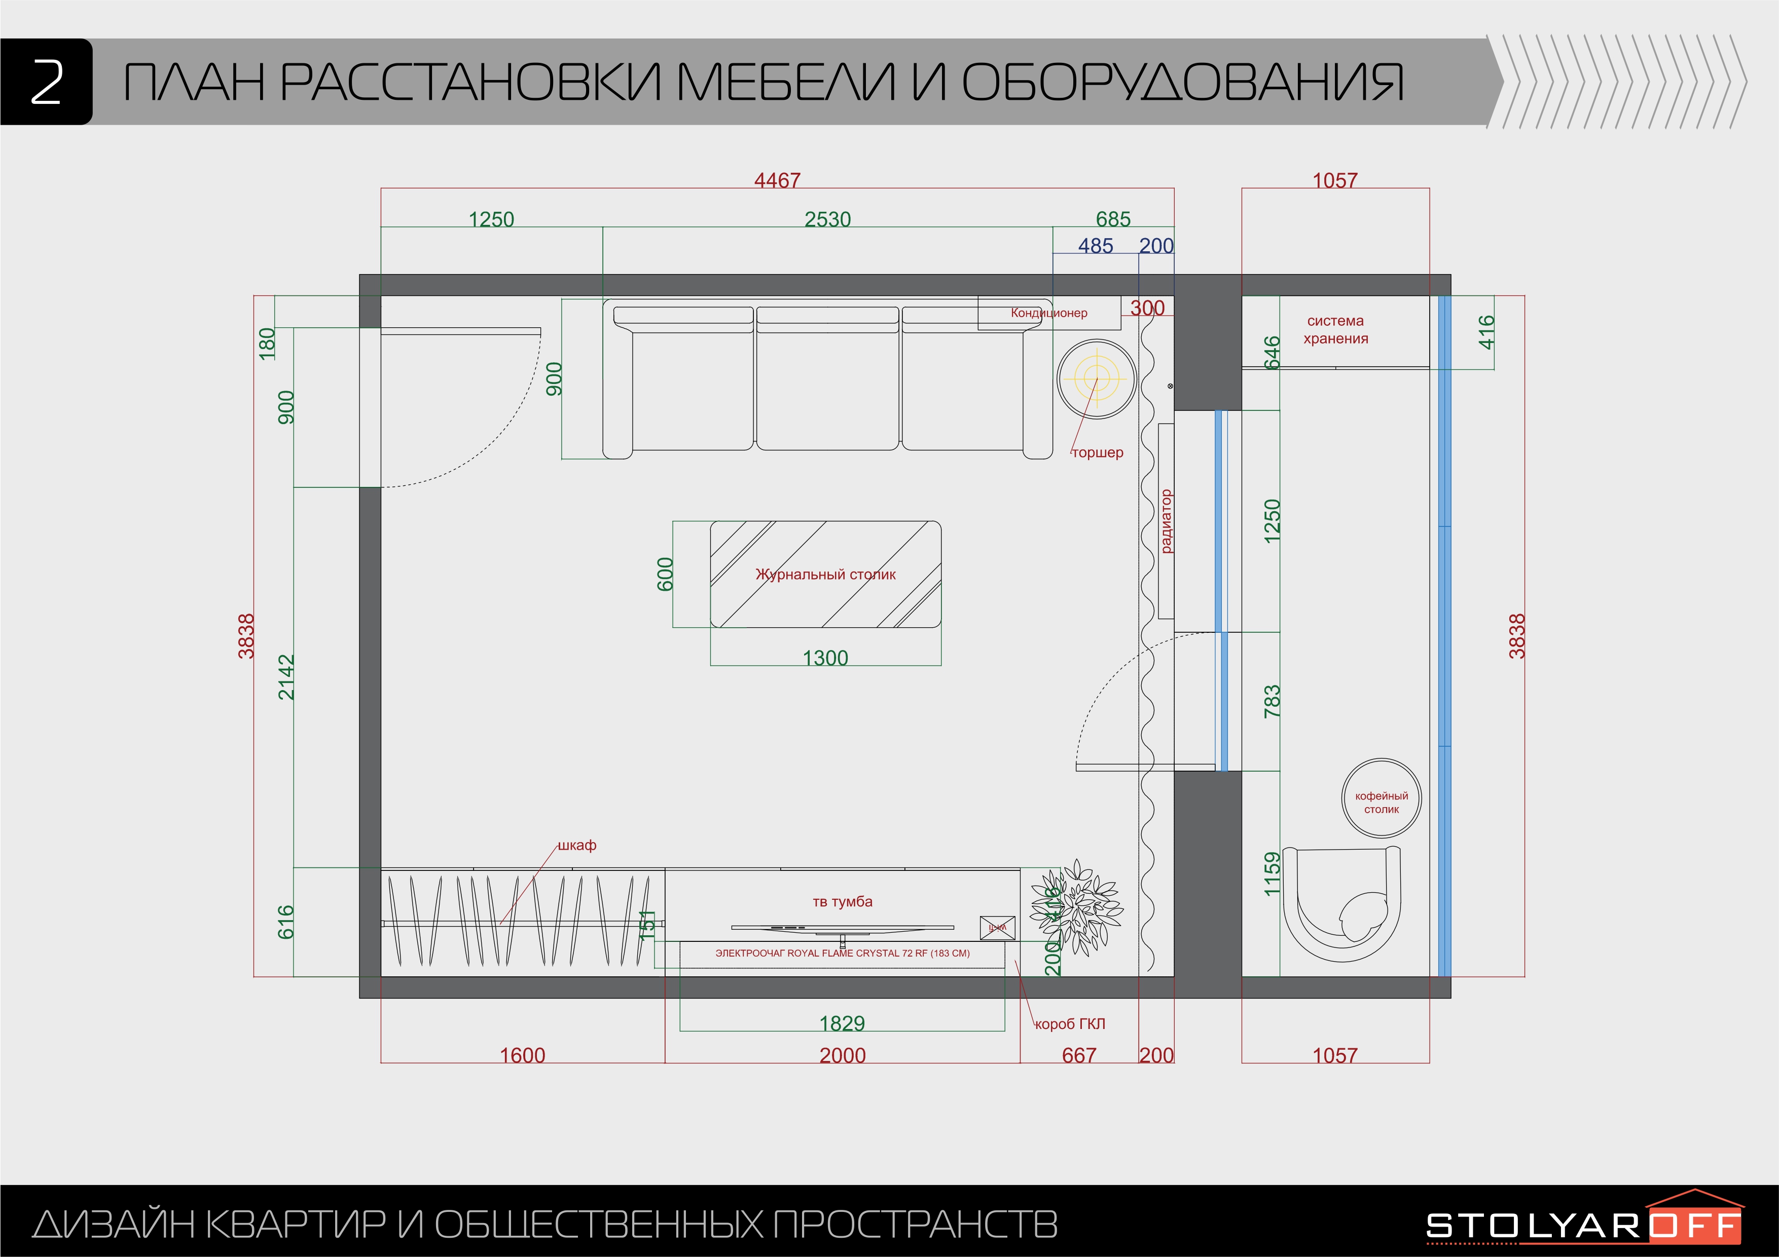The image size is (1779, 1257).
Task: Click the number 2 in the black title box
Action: click(x=47, y=82)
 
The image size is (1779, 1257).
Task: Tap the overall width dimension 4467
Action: click(x=777, y=180)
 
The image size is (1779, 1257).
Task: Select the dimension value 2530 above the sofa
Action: click(x=827, y=219)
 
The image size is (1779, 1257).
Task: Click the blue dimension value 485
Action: click(x=1095, y=246)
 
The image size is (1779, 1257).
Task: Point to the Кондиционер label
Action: click(x=1048, y=313)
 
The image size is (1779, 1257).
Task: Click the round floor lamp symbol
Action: click(x=1097, y=379)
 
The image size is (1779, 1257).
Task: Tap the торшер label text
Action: click(x=1097, y=452)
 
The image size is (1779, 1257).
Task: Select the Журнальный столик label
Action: click(x=825, y=574)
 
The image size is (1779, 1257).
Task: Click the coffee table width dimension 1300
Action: click(x=825, y=658)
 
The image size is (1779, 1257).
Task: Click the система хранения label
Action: click(x=1335, y=329)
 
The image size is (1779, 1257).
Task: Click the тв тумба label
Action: click(x=842, y=901)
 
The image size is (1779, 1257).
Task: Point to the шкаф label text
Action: click(x=577, y=845)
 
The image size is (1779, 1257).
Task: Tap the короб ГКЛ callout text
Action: click(x=1070, y=1024)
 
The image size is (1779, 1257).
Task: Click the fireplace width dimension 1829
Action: click(x=842, y=1023)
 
